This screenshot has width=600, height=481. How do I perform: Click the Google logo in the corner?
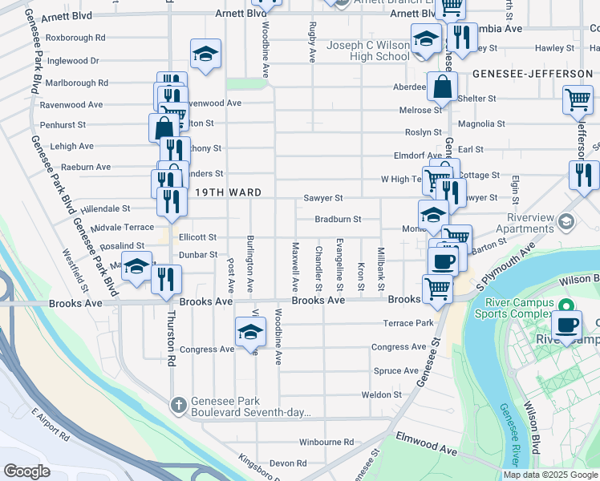(x=27, y=471)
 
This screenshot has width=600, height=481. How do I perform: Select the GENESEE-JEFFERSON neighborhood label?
(x=532, y=74)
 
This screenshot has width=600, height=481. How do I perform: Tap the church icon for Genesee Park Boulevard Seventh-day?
(x=178, y=404)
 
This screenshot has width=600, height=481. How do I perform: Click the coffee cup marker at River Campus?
(x=567, y=325)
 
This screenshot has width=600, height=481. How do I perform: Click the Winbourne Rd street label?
(x=326, y=442)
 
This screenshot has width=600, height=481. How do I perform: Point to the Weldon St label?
(x=381, y=395)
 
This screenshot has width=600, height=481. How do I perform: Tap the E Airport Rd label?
(x=51, y=423)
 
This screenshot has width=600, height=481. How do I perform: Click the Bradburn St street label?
(x=338, y=219)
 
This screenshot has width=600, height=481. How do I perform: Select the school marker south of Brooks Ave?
(x=250, y=331)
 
